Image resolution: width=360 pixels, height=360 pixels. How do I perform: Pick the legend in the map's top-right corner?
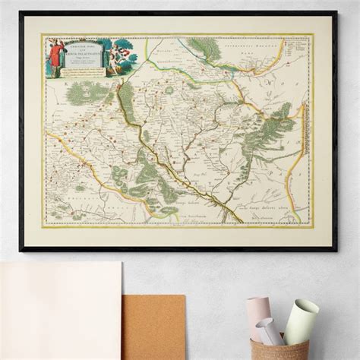point(299,56)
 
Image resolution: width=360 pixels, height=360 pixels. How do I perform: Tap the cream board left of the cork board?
point(61,311)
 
